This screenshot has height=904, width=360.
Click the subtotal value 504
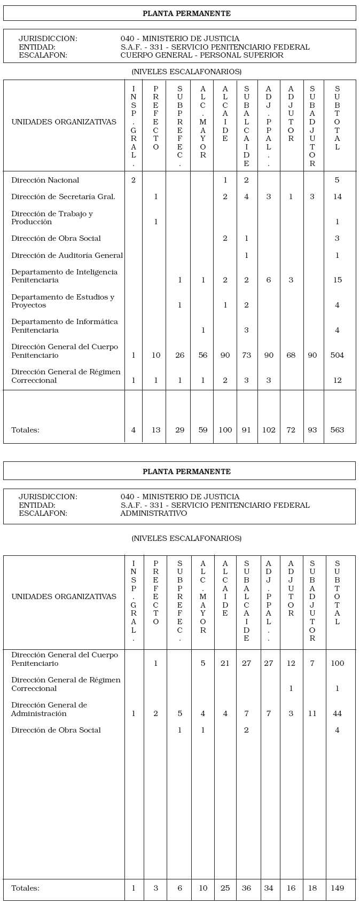337,355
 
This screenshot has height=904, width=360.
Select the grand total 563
337,430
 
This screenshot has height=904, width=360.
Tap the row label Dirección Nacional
45,180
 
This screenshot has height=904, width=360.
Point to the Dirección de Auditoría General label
67,255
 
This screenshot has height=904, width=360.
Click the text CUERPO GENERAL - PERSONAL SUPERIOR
202,55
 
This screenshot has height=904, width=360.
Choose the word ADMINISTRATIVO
154,513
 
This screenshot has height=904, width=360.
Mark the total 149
337,888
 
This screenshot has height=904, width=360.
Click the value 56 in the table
203,355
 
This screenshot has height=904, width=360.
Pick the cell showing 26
180,355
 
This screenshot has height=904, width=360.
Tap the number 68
291,355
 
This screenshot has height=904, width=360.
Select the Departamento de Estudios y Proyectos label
62,301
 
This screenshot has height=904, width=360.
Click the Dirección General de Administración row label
49,709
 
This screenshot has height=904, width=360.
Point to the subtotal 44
337,713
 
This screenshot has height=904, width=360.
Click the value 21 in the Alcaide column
225,663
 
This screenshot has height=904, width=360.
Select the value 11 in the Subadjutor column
312,713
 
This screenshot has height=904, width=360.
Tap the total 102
269,430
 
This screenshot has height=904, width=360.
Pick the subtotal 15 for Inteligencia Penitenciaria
337,280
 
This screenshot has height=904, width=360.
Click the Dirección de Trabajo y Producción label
52,218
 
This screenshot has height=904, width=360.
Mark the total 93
312,430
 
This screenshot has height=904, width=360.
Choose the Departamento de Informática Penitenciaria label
64,326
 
